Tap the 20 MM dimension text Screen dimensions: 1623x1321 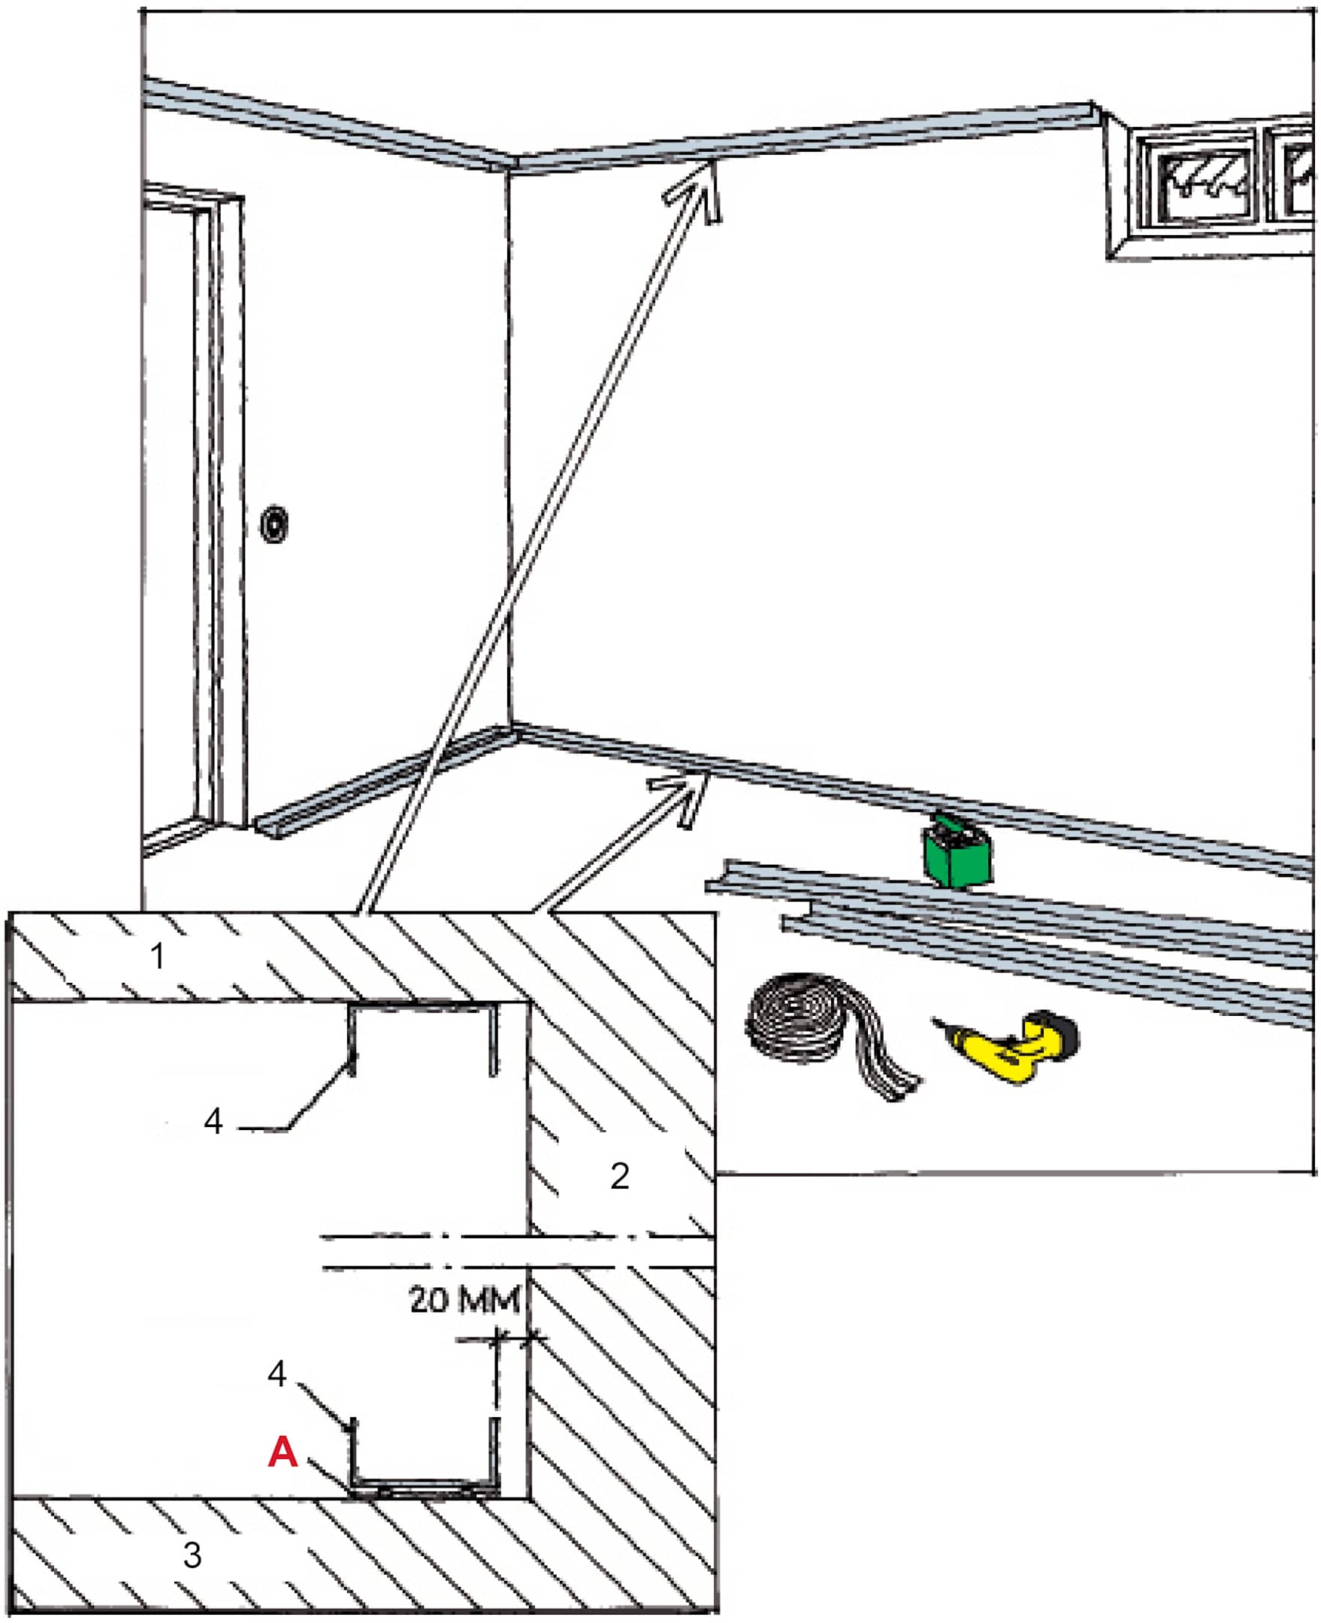click(x=464, y=1300)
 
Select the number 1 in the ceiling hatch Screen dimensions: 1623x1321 click(x=158, y=957)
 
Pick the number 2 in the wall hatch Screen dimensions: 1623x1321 click(x=619, y=1177)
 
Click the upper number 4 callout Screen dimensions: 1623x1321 click(x=213, y=1122)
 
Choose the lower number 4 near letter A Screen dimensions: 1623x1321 click(x=277, y=1374)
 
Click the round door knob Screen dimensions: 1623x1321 click(x=274, y=524)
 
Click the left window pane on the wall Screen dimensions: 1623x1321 click(x=1201, y=181)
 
